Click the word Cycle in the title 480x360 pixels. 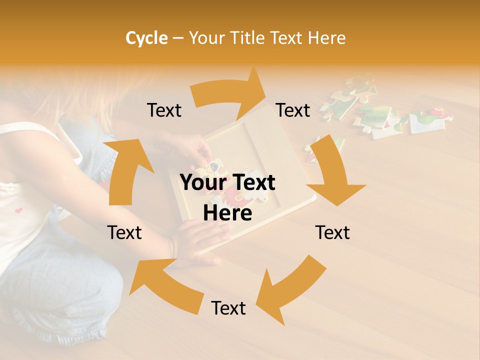click(146, 38)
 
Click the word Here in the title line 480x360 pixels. click(326, 38)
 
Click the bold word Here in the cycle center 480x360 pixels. click(227, 213)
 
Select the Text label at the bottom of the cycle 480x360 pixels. click(228, 308)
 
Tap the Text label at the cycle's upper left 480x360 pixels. click(164, 110)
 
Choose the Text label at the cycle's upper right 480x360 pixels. click(293, 110)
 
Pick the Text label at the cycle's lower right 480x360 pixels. click(332, 232)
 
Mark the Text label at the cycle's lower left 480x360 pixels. click(124, 232)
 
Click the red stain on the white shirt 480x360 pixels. click(18, 210)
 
